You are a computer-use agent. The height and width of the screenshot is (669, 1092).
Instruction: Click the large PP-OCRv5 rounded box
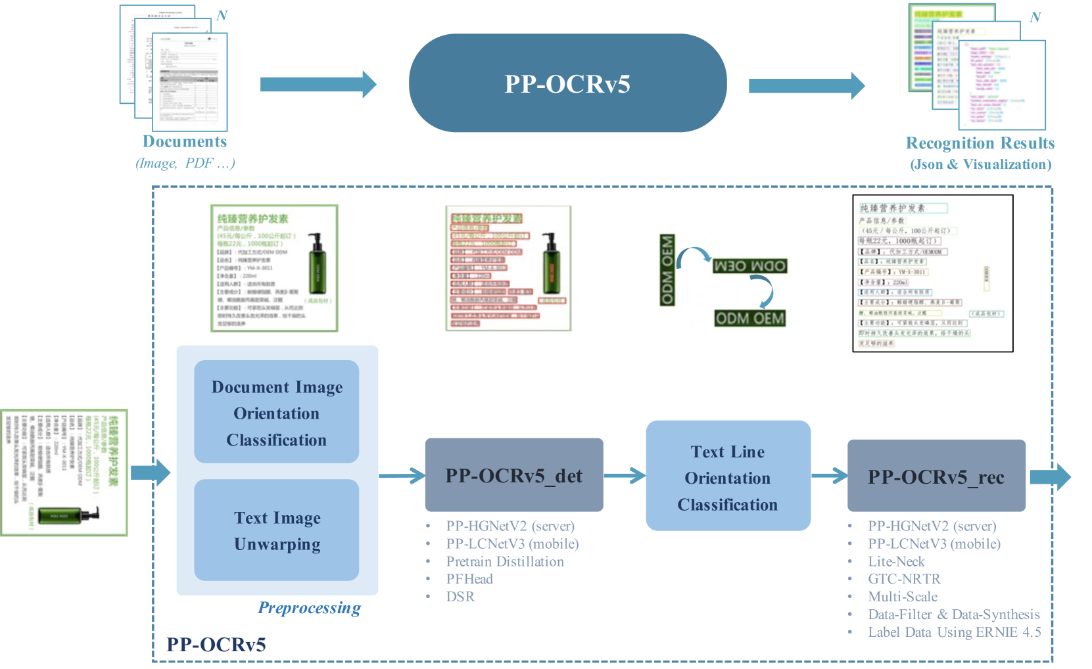pos(567,83)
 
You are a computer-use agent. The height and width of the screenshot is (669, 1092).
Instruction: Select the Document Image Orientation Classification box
pos(276,412)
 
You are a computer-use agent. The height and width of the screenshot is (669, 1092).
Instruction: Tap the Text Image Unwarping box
pos(276,530)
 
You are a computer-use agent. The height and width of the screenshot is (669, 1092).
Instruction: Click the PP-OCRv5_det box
pos(513,475)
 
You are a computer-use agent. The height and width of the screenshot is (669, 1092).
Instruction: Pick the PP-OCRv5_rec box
pos(936,476)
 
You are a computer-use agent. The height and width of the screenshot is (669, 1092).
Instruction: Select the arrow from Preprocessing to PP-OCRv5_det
pos(402,475)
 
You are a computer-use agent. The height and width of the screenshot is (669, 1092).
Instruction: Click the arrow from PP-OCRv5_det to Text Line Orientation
pos(624,475)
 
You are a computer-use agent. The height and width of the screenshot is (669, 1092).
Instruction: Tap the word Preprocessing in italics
pos(309,608)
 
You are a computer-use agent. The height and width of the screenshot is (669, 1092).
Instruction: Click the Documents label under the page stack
pos(185,142)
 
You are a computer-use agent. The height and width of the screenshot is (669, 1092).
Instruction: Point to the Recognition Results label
pos(980,143)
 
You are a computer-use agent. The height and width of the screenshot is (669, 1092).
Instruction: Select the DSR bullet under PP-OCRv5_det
pos(460,597)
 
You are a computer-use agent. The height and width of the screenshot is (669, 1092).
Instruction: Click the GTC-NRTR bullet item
pos(904,579)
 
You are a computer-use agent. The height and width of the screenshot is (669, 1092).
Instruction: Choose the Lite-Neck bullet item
pos(896,561)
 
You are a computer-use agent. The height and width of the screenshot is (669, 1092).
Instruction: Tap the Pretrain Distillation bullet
pos(505,561)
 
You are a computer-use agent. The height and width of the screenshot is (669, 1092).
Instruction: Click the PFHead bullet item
pos(469,579)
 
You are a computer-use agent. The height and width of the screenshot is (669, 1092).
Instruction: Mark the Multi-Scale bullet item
pos(903,597)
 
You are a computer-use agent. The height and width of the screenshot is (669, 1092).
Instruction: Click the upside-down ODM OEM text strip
pos(749,266)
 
